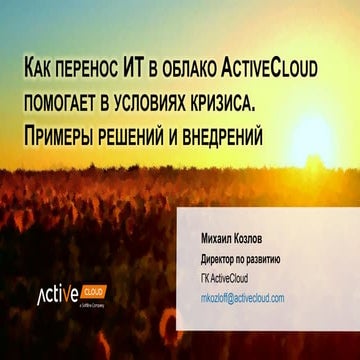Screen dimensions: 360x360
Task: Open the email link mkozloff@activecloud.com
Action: pos(243,298)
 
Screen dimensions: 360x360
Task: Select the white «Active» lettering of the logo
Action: pos(60,298)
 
